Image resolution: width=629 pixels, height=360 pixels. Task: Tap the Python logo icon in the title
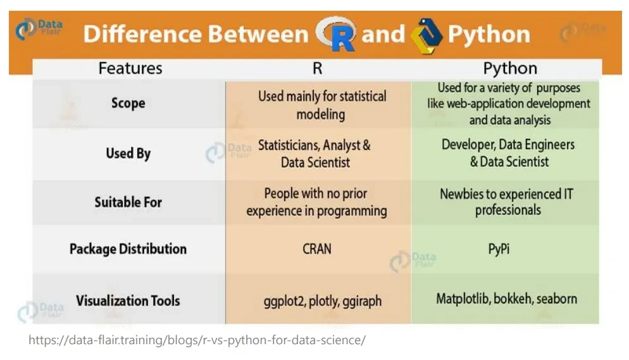(427, 35)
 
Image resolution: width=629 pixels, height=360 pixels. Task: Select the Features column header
(130, 68)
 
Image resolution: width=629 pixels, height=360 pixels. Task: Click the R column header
(317, 68)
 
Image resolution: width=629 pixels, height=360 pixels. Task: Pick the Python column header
(510, 68)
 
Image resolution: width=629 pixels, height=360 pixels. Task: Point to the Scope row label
(128, 103)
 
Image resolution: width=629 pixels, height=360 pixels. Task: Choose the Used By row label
(128, 153)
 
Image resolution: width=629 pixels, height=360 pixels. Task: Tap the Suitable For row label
(128, 202)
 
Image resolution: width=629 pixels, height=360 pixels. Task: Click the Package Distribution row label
(128, 249)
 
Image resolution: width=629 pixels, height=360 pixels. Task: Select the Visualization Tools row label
(128, 301)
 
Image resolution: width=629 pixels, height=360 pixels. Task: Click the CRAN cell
(317, 249)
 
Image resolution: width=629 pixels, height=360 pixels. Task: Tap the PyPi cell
(499, 249)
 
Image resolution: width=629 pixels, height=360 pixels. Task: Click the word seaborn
(557, 299)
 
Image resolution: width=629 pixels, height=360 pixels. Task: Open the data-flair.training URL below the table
(197, 340)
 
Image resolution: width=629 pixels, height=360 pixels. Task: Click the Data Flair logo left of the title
(39, 28)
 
